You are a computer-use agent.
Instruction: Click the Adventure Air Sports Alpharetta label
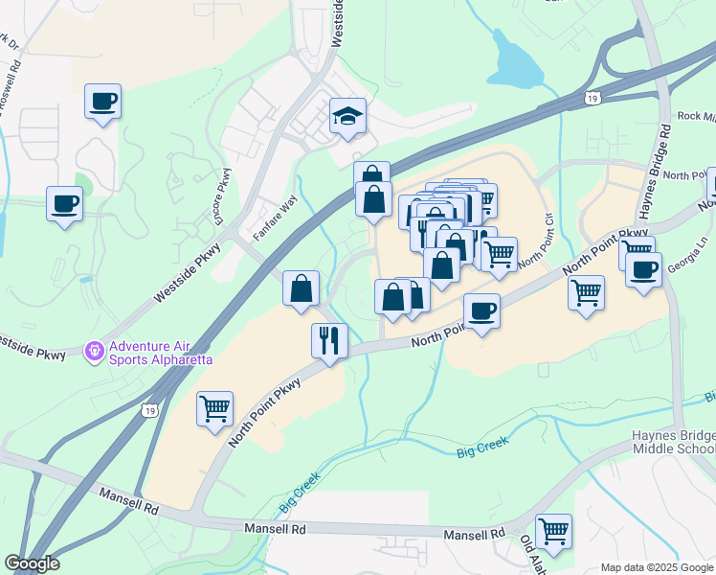click(160, 353)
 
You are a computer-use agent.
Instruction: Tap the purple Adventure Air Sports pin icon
click(95, 352)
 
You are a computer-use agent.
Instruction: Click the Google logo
click(32, 563)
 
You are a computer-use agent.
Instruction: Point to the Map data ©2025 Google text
click(656, 567)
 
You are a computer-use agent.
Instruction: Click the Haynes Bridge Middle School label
click(673, 442)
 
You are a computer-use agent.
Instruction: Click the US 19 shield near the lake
click(593, 97)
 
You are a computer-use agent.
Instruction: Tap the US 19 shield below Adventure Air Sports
click(147, 410)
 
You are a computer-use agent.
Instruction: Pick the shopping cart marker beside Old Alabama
click(553, 530)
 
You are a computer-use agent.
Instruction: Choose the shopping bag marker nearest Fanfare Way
click(302, 287)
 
